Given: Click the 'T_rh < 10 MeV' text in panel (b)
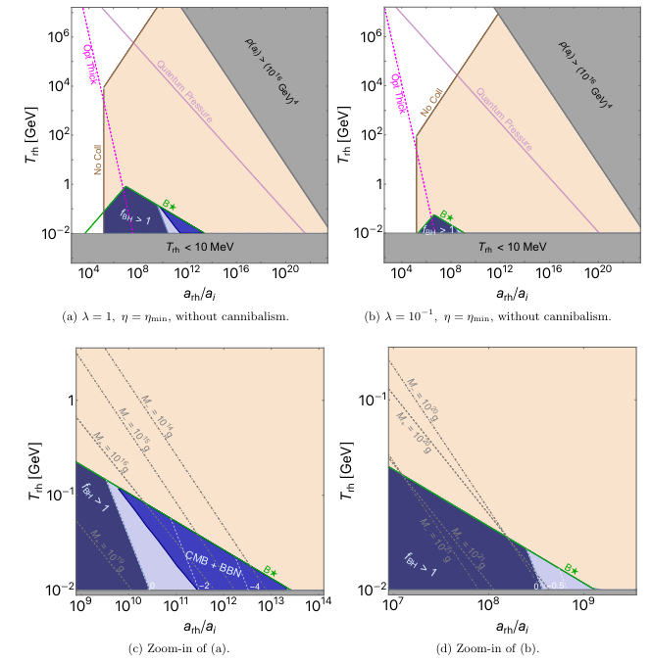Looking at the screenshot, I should tap(505, 245).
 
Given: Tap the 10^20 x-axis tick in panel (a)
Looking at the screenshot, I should tap(286, 271).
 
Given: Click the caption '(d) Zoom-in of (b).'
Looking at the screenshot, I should tap(505, 647).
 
